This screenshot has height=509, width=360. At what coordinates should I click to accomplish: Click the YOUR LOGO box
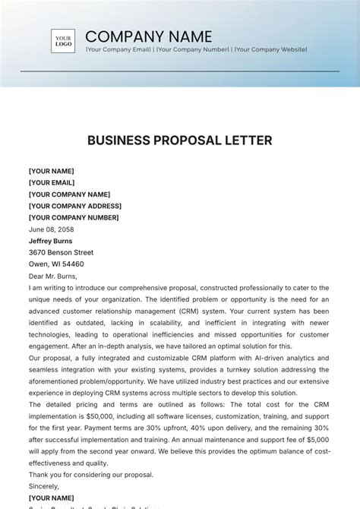(63, 41)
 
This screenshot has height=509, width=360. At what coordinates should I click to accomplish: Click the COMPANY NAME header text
(149, 36)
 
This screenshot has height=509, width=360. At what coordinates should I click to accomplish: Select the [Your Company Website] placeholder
(270, 49)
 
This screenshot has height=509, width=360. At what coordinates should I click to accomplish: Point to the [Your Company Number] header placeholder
(194, 49)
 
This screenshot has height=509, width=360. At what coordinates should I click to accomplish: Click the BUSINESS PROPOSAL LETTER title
(179, 141)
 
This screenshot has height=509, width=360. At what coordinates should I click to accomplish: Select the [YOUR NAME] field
(52, 172)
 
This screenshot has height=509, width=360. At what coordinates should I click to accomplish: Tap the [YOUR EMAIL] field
(52, 183)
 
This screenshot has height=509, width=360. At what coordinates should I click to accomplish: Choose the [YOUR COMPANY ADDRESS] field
(75, 206)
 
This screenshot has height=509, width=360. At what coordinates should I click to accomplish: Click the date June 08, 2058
(52, 229)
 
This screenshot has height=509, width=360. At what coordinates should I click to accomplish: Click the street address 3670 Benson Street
(62, 253)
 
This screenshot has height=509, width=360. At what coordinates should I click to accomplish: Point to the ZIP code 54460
(73, 264)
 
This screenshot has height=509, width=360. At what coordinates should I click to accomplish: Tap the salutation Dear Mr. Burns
(53, 276)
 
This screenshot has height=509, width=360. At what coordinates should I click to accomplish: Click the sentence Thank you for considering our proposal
(91, 475)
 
